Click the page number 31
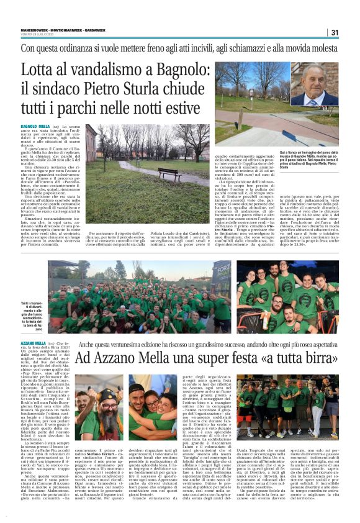(x=335, y=32)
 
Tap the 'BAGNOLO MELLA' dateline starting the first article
(x=35, y=126)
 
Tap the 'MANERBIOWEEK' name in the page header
(x=32, y=27)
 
